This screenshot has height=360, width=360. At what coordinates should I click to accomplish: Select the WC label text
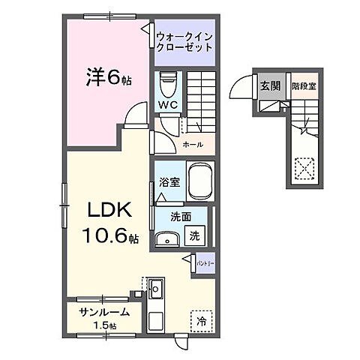pyautogui.click(x=166, y=104)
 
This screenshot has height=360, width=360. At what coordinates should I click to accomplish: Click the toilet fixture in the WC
pyautogui.click(x=168, y=80)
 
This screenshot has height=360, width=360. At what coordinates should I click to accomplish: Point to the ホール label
pyautogui.click(x=190, y=142)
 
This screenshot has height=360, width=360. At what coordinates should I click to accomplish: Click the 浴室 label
pyautogui.click(x=169, y=181)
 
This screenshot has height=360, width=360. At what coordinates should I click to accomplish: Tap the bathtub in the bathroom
pyautogui.click(x=199, y=181)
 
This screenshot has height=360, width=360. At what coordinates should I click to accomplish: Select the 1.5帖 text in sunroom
pyautogui.click(x=104, y=326)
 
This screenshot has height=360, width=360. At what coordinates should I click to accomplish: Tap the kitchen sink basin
pyautogui.click(x=157, y=289)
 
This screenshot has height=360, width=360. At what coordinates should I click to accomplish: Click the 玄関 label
pyautogui.click(x=270, y=85)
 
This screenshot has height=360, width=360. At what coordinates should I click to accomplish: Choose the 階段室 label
pyautogui.click(x=303, y=85)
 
